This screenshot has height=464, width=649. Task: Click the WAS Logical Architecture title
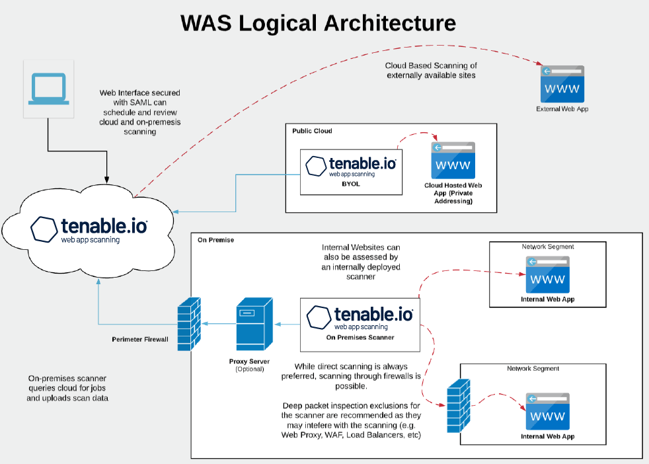(319, 23)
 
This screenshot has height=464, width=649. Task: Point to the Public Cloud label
(312, 131)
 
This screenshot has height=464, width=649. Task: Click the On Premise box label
(215, 240)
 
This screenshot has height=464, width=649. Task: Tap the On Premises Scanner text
(360, 337)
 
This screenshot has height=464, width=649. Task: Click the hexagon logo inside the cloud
(44, 228)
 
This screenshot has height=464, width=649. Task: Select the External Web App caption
(562, 108)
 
